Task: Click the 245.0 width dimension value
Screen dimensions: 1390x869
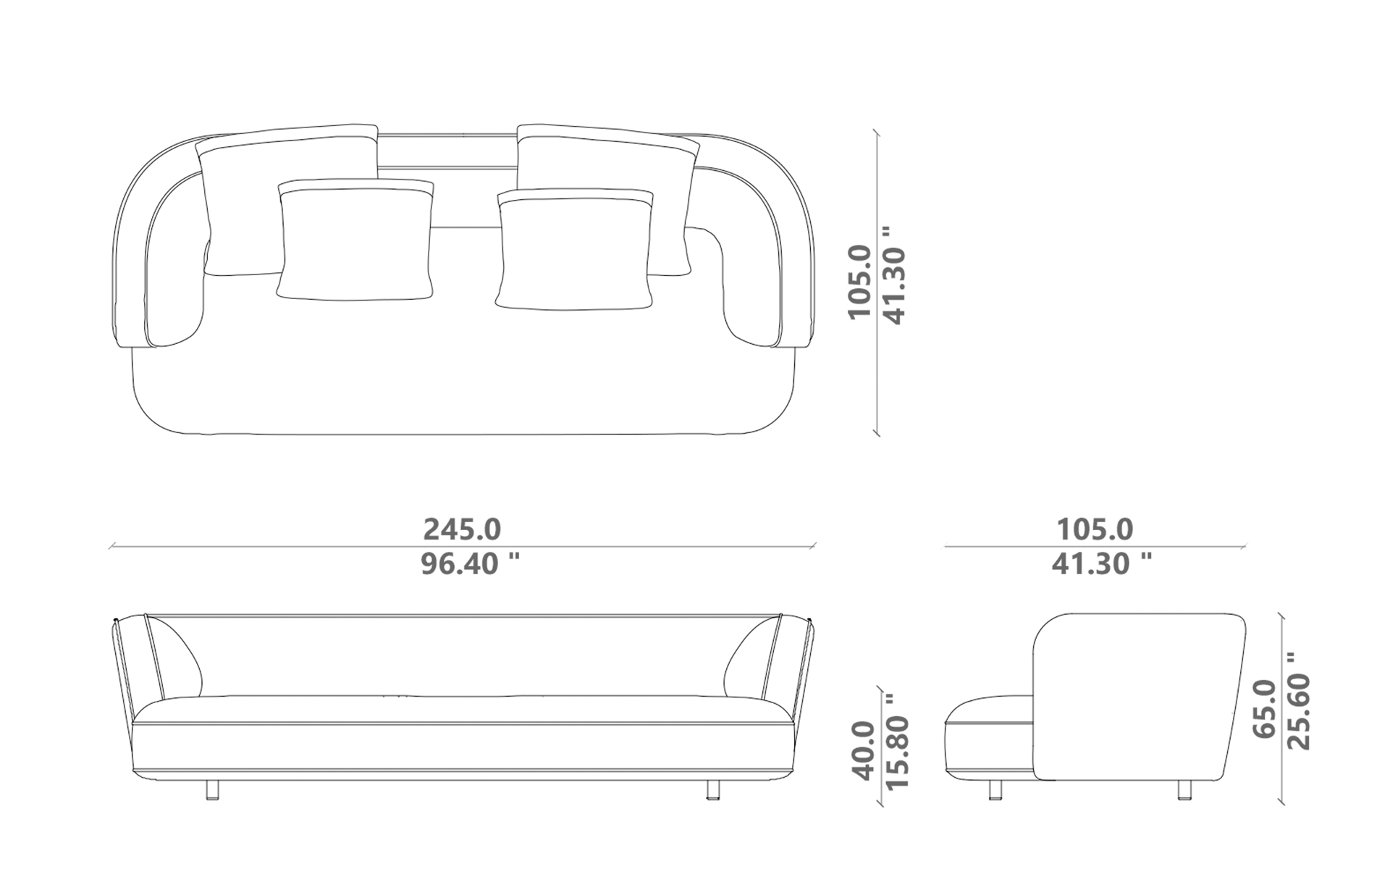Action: [x=462, y=529]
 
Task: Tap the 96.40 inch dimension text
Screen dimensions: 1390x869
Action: [x=470, y=563]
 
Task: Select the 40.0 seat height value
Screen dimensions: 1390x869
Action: [x=866, y=750]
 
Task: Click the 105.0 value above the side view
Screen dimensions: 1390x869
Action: [x=1094, y=529]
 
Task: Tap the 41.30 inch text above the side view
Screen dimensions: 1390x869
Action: [x=1102, y=563]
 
